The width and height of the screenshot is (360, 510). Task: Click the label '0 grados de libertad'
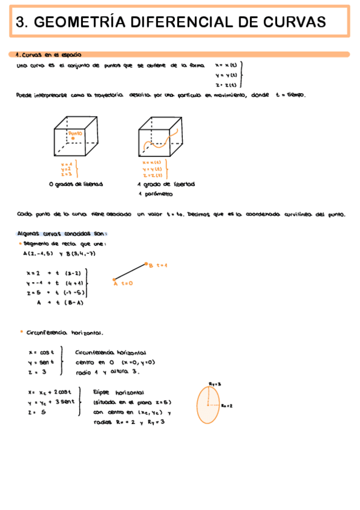pos(76,184)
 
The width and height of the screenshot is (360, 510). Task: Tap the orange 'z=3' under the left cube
pos(66,173)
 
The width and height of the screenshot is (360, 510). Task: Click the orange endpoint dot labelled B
pos(145,264)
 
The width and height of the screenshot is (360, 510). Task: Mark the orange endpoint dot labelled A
pos(114,278)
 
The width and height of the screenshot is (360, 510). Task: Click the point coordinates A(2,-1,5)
pos(37,253)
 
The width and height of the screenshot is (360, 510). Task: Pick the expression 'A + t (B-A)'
pos(59,303)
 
